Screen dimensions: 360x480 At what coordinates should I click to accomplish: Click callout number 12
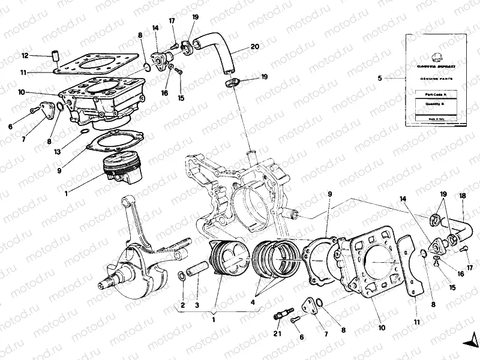[25, 56]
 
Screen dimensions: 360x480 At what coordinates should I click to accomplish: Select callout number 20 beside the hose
[255, 46]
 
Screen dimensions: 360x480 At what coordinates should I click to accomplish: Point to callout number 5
[379, 78]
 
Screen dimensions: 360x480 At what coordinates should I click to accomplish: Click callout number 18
[463, 196]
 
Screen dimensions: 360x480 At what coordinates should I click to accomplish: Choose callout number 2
[182, 305]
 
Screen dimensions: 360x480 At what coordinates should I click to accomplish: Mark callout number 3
[196, 305]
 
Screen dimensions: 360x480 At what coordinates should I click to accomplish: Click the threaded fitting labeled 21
[283, 313]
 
